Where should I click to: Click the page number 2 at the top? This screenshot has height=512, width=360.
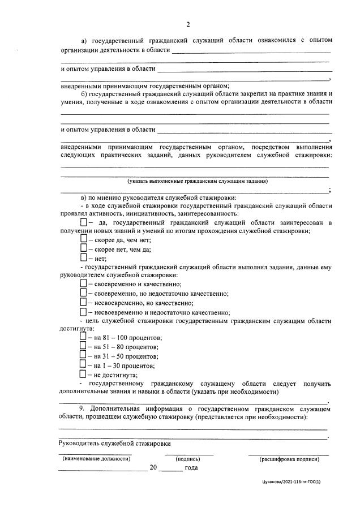point(188,24)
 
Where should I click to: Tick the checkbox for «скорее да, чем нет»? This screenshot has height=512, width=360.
point(84,239)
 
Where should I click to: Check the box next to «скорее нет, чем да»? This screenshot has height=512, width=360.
point(84,249)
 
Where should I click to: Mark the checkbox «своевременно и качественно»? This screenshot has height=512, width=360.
point(84,284)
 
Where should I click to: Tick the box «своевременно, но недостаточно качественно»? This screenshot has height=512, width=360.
point(84,293)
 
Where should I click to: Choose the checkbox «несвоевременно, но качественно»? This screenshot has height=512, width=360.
point(84,303)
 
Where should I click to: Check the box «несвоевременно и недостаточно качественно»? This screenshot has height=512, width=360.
point(84,312)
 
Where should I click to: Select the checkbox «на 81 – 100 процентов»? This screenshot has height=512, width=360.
point(84,337)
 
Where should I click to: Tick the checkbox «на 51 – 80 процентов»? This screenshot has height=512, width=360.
point(84,346)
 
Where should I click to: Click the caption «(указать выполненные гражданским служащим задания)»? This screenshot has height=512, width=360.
point(198,181)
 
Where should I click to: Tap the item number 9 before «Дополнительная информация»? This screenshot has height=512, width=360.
point(84,408)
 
